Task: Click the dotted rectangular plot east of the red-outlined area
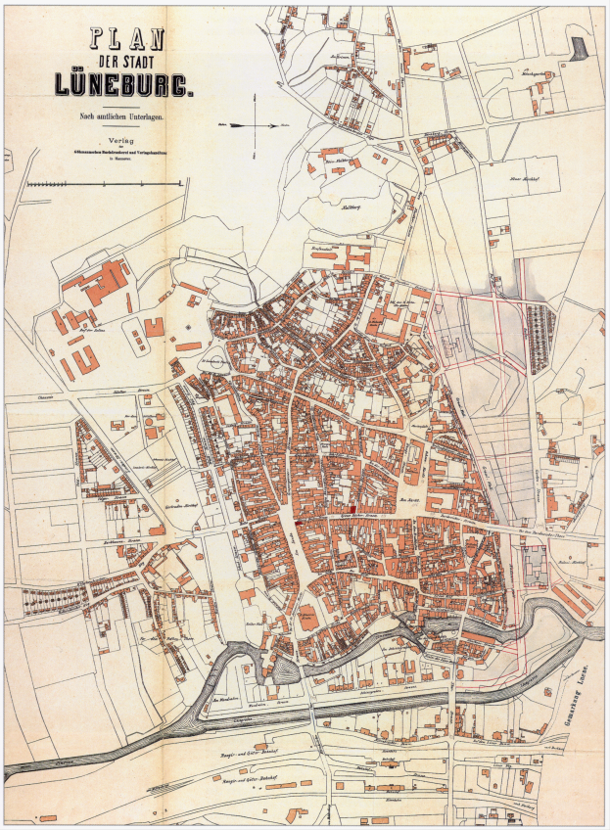point(540,339)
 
